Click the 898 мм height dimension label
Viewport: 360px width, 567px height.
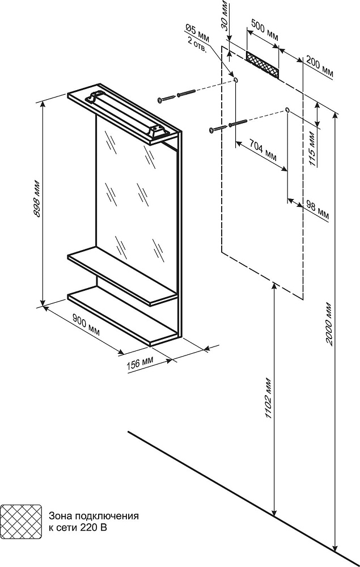[x=37, y=202]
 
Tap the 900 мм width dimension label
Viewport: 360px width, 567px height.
[x=87, y=327]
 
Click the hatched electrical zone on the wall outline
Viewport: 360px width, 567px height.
[x=262, y=65]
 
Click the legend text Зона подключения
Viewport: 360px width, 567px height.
[x=94, y=517]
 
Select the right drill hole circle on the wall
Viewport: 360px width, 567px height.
[x=288, y=109]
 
